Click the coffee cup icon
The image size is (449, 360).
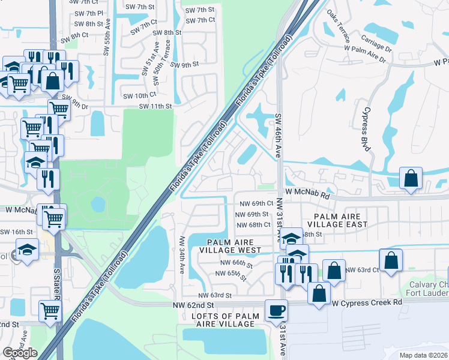tap(276, 311)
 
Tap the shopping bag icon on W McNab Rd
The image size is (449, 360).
tap(411, 178)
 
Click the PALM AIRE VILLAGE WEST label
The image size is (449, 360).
tap(230, 245)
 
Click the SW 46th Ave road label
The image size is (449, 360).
tap(279, 135)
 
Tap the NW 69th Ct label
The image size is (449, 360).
tap(257, 204)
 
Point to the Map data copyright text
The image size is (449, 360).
tap(423, 355)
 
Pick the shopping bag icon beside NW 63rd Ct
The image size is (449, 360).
tap(391, 262)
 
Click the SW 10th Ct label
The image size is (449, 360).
tap(139, 95)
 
